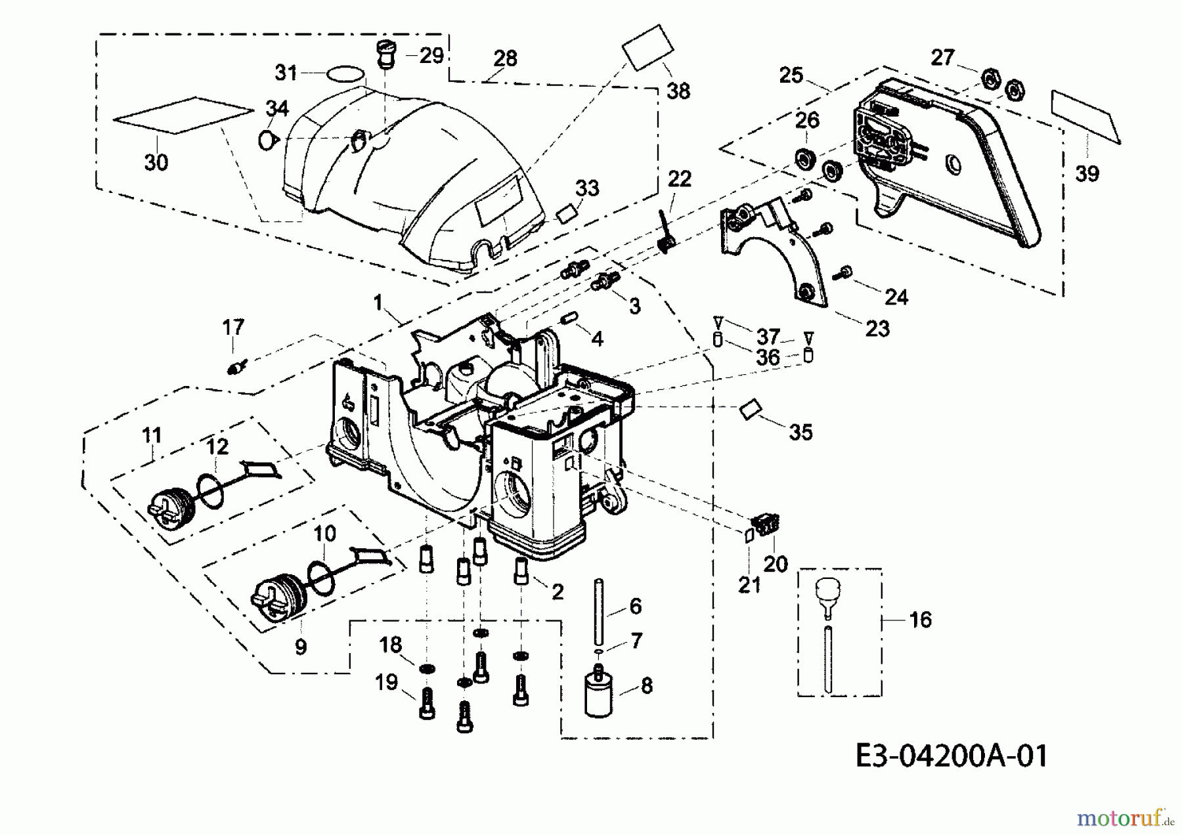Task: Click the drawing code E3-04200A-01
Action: tap(952, 756)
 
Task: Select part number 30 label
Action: tap(156, 161)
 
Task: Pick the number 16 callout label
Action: tap(921, 620)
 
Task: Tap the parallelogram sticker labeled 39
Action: tap(1086, 116)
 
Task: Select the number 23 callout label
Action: tap(877, 328)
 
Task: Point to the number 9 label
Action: tap(301, 647)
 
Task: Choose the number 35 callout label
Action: tap(800, 432)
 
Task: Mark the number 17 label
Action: tap(233, 327)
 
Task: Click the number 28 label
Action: tap(505, 58)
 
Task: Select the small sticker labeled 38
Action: tap(648, 47)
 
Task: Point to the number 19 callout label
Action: tap(386, 682)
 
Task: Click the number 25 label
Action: tap(791, 75)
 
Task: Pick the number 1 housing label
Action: tap(378, 302)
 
